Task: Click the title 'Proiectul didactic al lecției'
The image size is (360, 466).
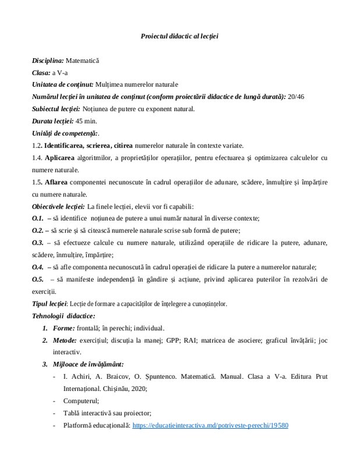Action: click(x=179, y=36)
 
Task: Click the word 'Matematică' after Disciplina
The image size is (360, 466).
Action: click(x=83, y=61)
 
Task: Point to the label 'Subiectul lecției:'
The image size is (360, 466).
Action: click(x=56, y=109)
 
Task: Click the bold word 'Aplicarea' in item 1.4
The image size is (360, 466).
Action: click(x=61, y=158)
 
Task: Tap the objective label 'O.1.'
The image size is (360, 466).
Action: click(x=38, y=218)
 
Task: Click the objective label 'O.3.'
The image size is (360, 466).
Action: click(x=38, y=242)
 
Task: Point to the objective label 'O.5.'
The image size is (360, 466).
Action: click(x=38, y=279)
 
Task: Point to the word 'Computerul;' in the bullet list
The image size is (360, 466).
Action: click(x=81, y=401)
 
